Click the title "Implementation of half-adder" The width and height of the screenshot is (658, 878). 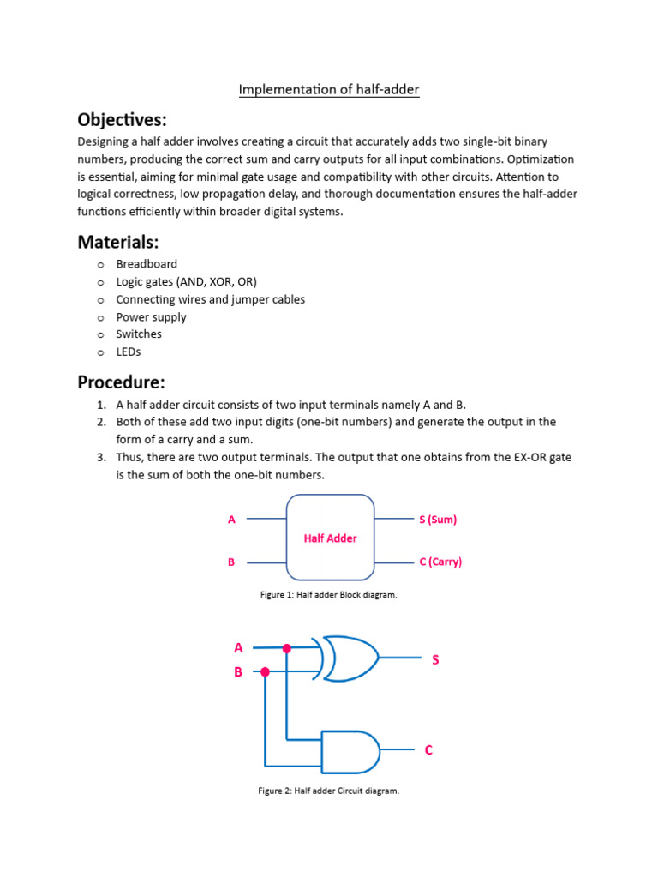pos(329,89)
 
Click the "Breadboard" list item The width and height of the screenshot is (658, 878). pos(147,264)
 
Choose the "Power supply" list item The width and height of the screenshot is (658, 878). pos(151,316)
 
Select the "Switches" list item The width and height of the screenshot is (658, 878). pos(139,334)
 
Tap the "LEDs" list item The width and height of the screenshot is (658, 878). pos(129,352)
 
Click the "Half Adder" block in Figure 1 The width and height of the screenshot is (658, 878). pos(330,538)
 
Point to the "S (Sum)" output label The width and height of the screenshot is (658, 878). pos(438,520)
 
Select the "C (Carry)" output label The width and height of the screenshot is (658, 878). pos(440,562)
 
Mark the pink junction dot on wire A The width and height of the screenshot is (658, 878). pos(287,648)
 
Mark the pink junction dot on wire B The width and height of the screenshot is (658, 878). pos(266,672)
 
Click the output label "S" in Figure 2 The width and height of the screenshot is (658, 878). pos(435,659)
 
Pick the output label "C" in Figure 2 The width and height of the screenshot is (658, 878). pos(428,750)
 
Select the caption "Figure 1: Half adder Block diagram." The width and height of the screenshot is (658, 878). pos(329,595)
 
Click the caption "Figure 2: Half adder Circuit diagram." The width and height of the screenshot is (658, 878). pos(329,791)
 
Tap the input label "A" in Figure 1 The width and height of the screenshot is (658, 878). pos(231,520)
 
